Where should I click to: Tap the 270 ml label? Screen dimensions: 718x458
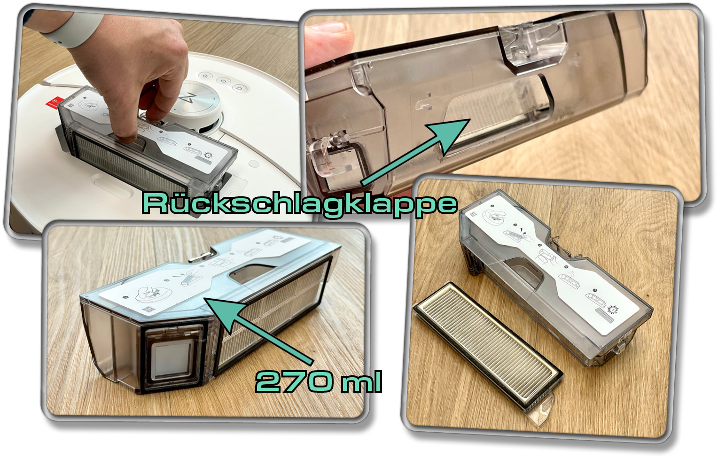click(x=319, y=381)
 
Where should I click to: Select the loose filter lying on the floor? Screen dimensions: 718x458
click(x=487, y=349)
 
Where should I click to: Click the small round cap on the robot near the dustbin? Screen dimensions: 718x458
click(x=254, y=164)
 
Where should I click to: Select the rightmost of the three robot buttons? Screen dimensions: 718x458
click(x=238, y=88)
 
